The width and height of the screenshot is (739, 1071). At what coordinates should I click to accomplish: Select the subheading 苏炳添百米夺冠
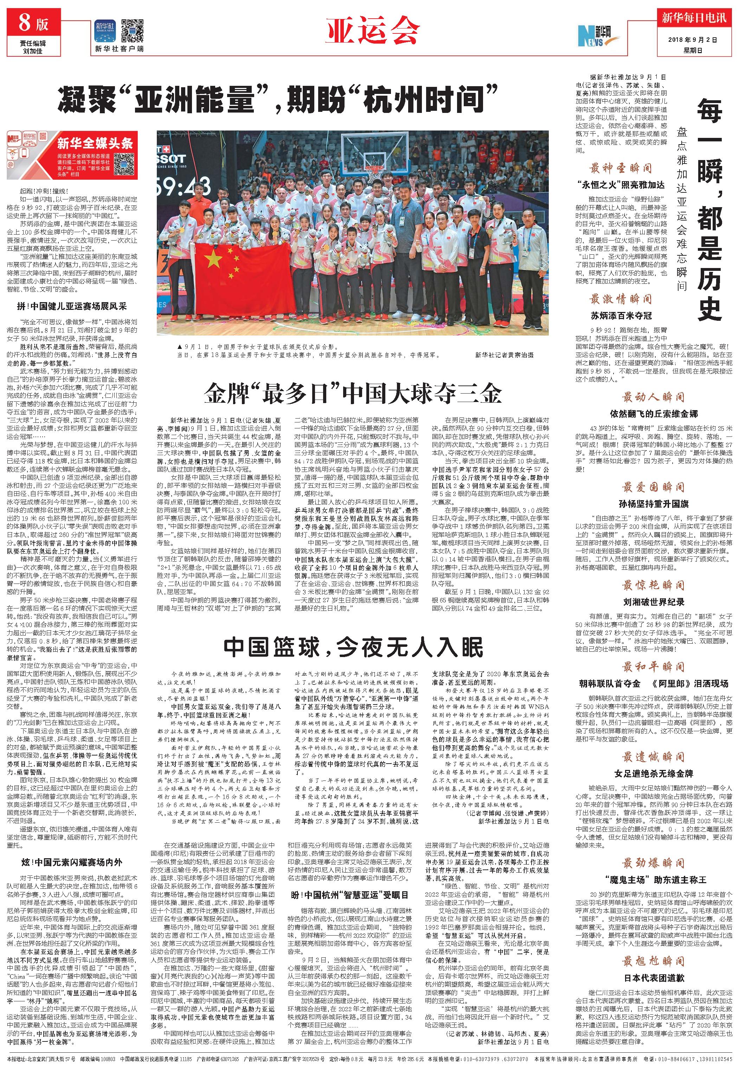coord(621,315)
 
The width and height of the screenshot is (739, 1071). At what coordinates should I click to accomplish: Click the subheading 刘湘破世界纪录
coord(653,602)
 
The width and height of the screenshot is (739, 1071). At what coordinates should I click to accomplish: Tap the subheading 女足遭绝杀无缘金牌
coord(653,773)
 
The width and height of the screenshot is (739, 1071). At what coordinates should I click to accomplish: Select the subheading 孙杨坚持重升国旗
coord(653,504)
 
